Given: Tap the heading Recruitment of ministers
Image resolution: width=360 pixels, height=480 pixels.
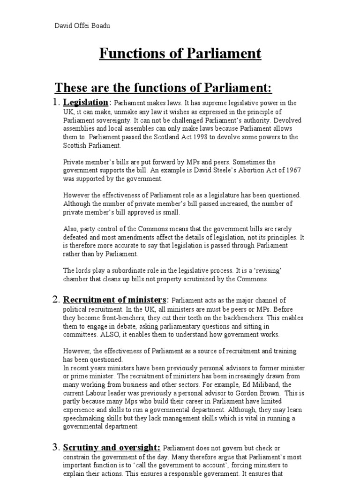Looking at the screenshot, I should (115, 300).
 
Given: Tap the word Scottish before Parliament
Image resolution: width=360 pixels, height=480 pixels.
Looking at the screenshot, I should (77, 145).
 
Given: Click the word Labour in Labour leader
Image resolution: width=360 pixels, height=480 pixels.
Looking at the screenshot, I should (97, 393).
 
